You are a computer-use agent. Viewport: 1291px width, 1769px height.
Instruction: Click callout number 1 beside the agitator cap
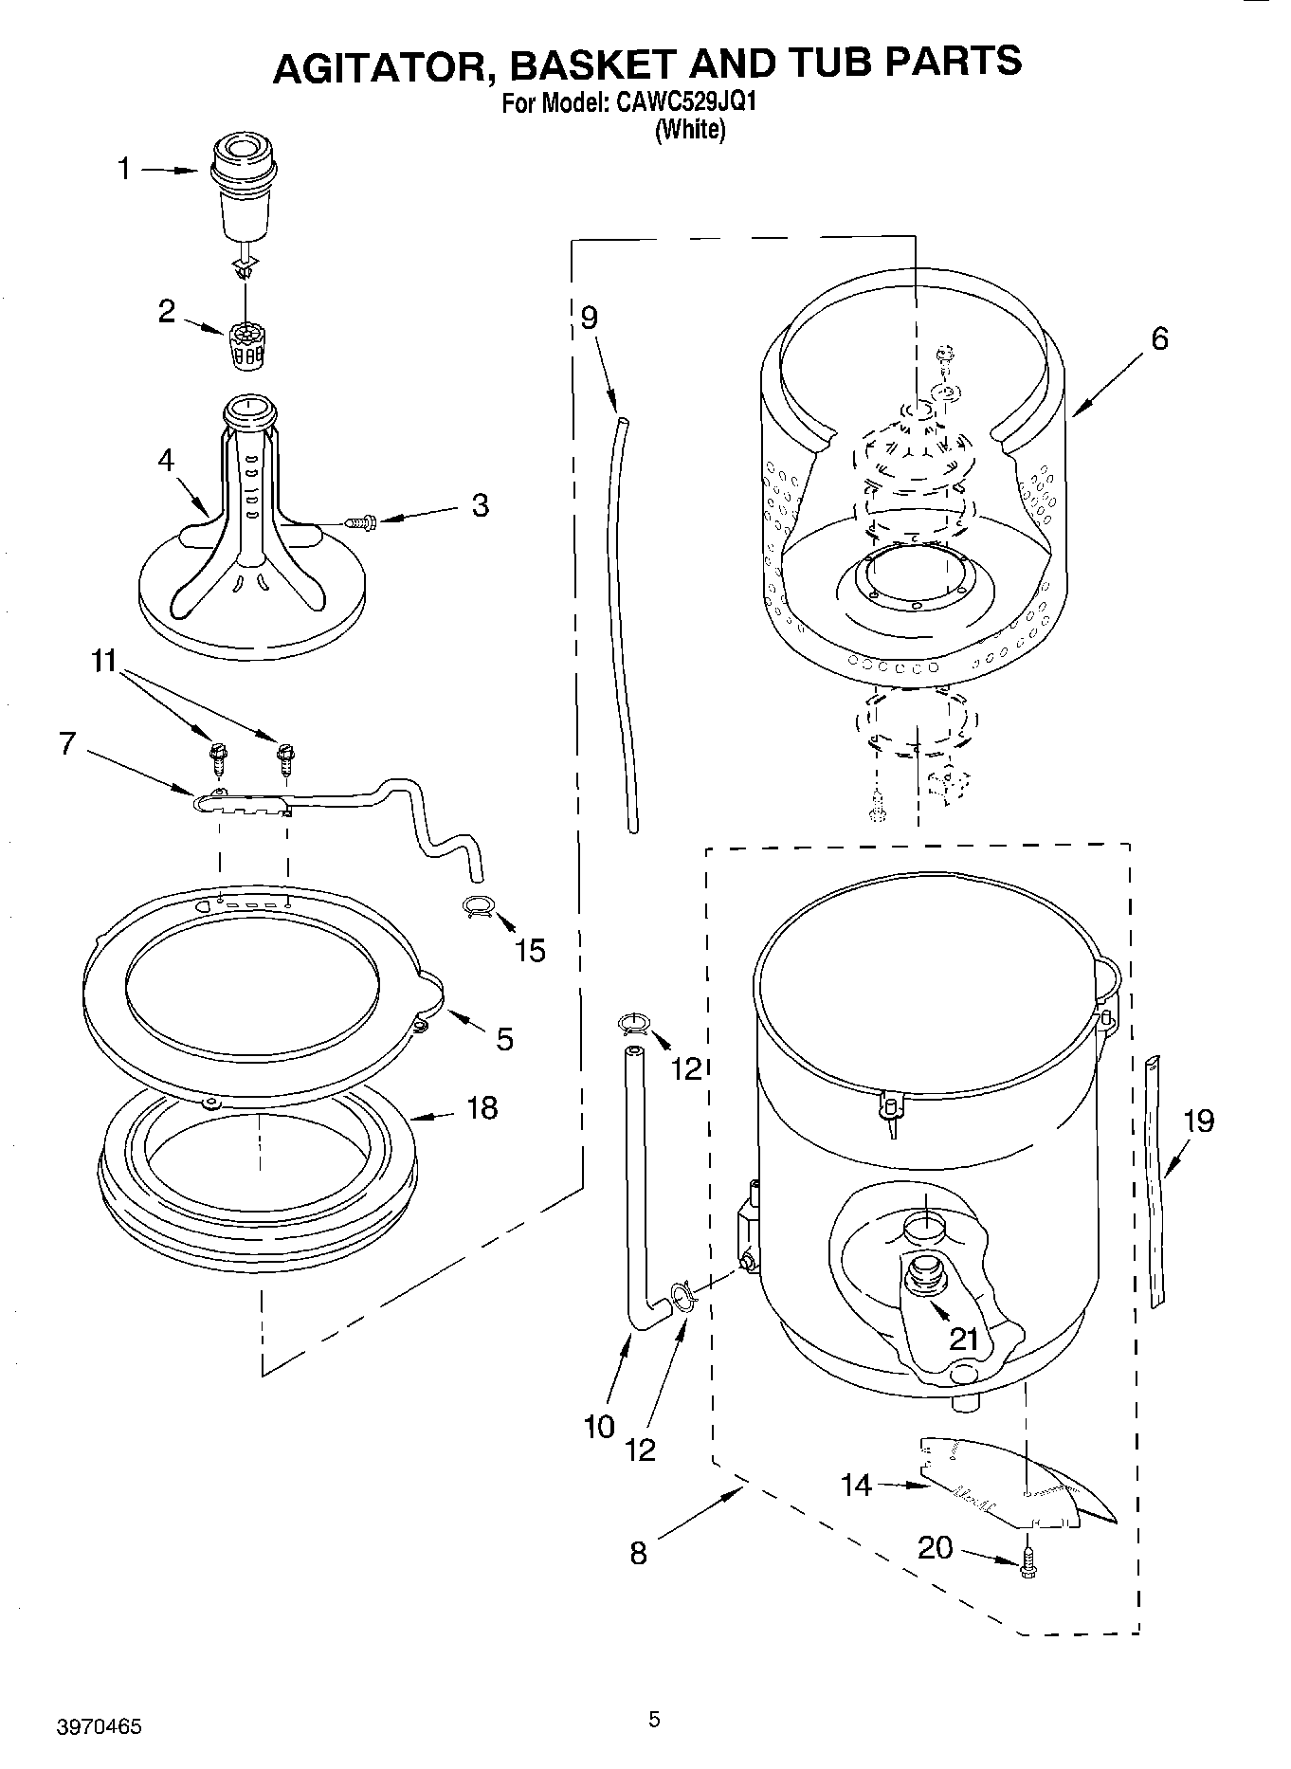[x=123, y=170]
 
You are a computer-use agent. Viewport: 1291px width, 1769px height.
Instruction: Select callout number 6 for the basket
[x=1159, y=338]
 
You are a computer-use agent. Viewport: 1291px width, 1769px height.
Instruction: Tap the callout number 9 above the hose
[x=589, y=317]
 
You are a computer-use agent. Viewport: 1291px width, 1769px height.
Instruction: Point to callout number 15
[x=530, y=950]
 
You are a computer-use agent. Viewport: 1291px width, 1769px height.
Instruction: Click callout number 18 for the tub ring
[x=482, y=1107]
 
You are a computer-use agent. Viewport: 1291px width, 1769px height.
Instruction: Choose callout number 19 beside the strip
[x=1198, y=1122]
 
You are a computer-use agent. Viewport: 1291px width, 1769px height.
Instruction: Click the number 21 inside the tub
[x=963, y=1338]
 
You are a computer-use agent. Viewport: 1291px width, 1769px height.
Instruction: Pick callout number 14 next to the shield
[x=856, y=1484]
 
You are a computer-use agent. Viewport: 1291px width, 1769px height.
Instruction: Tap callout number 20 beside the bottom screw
[x=936, y=1547]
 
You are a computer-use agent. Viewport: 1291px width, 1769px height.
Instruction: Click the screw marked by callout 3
[x=361, y=520]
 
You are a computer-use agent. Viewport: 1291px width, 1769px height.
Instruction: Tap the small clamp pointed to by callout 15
[x=479, y=907]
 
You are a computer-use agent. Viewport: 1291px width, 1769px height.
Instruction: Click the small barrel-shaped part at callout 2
[x=245, y=343]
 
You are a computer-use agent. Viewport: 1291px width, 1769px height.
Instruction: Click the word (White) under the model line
[x=690, y=130]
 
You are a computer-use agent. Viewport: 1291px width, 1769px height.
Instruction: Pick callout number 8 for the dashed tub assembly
[x=638, y=1553]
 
